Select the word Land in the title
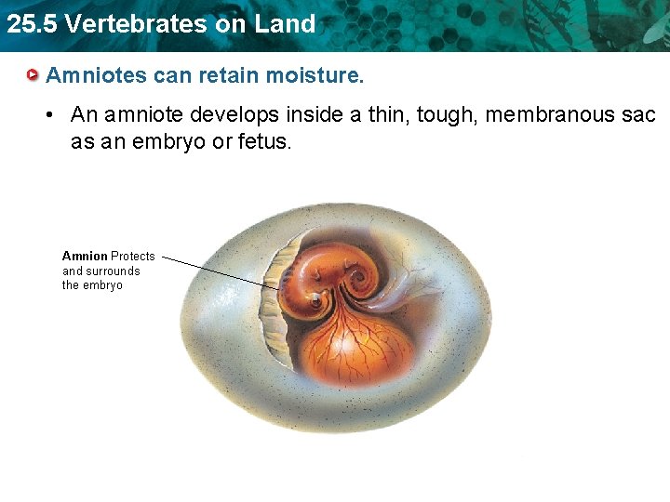(x=284, y=23)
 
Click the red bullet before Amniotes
(x=33, y=74)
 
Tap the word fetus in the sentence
(x=263, y=144)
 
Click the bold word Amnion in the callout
(x=85, y=256)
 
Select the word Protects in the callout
(x=133, y=256)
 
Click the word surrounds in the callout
(x=112, y=271)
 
